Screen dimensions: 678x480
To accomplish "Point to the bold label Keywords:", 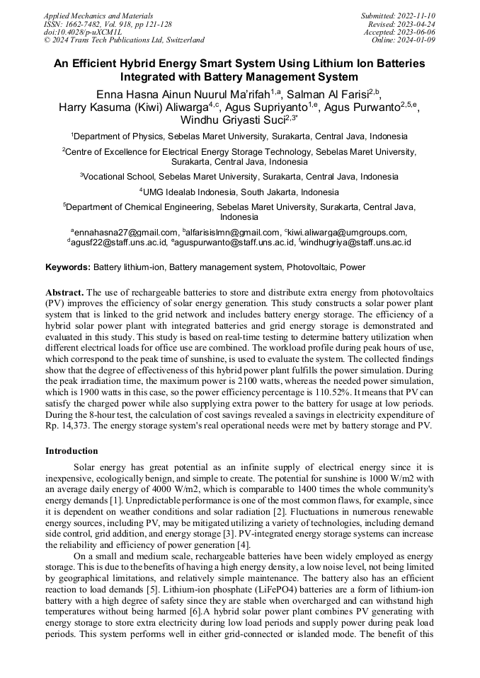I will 68,267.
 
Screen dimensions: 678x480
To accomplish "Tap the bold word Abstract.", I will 64,292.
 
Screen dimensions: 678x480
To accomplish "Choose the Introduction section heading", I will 72,450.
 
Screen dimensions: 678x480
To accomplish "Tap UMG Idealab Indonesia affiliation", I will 239,192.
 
